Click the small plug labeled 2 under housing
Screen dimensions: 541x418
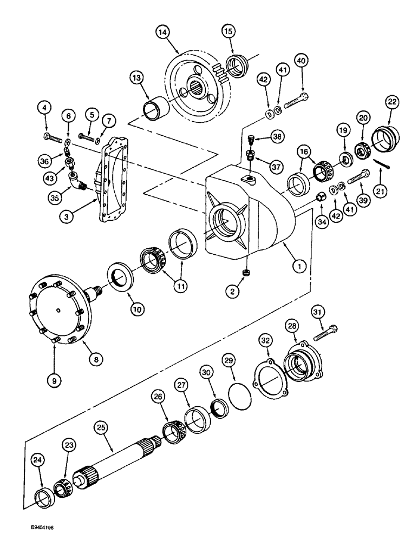[246, 273]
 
